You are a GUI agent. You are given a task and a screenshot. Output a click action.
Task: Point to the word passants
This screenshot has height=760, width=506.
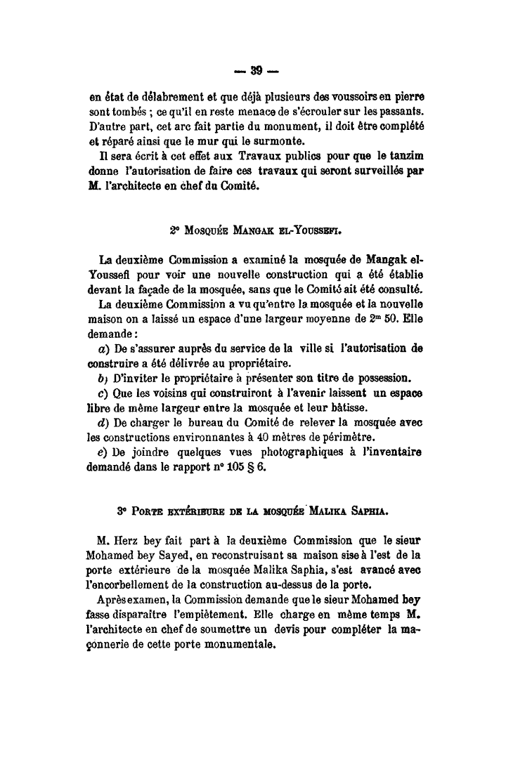[408, 111]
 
